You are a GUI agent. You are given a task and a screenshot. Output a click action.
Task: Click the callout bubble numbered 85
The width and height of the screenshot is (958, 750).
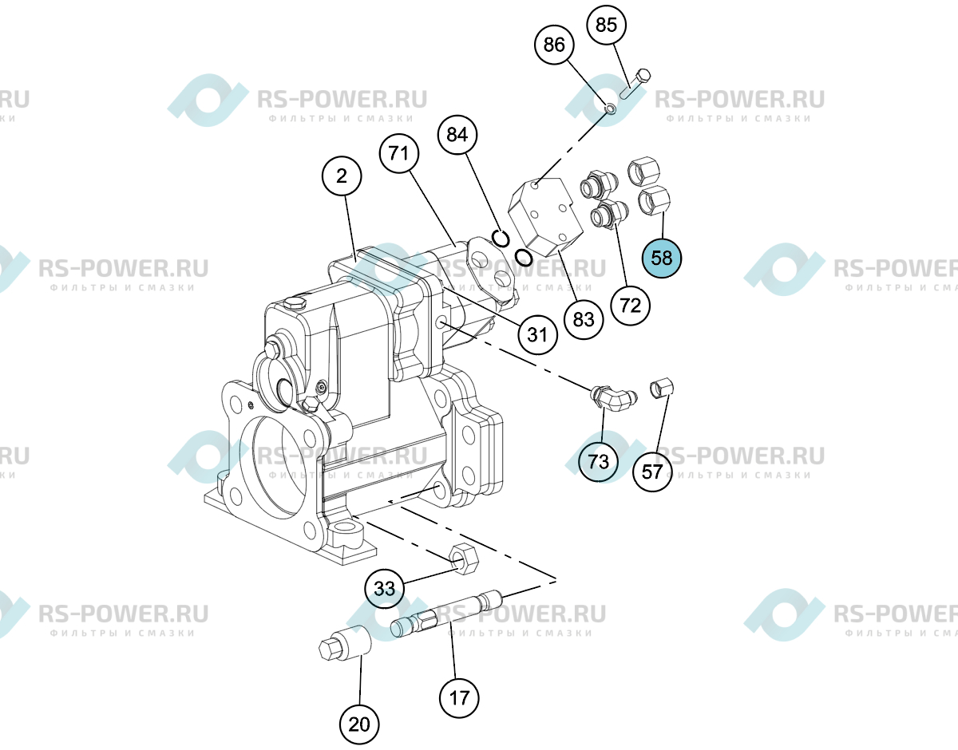pos(606,25)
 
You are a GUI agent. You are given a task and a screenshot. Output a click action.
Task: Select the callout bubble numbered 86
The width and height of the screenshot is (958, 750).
pos(554,45)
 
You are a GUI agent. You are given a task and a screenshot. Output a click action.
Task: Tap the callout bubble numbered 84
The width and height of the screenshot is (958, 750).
pos(457,134)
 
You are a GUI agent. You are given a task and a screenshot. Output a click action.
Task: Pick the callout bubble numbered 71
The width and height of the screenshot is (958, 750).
pos(399,153)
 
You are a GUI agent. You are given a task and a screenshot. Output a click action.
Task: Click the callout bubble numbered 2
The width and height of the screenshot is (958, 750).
pos(342,176)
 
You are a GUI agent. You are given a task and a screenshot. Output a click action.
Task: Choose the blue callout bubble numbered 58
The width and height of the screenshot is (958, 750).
pos(661,258)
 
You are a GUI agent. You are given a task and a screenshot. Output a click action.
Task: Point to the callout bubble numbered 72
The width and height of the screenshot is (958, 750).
pos(631,306)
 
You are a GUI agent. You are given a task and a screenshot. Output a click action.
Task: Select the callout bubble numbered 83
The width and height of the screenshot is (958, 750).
pos(584,319)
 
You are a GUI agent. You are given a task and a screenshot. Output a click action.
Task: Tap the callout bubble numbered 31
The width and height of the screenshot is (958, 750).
pos(537,334)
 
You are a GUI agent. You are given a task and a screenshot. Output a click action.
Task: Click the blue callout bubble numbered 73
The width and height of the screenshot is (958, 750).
pos(598,461)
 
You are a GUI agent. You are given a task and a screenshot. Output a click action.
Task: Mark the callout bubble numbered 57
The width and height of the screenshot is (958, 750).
pos(652,472)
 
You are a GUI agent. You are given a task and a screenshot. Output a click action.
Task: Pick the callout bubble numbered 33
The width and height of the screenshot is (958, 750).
pos(385,588)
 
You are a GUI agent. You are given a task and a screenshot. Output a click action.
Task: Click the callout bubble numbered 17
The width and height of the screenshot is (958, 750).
pos(459,698)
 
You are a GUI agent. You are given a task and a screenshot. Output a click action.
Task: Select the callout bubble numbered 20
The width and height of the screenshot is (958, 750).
pos(359,724)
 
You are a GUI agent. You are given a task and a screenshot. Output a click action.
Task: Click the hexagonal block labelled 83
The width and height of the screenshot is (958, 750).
pos(546,216)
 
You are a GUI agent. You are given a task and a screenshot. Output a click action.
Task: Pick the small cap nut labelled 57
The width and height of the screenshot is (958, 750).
pos(662,388)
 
